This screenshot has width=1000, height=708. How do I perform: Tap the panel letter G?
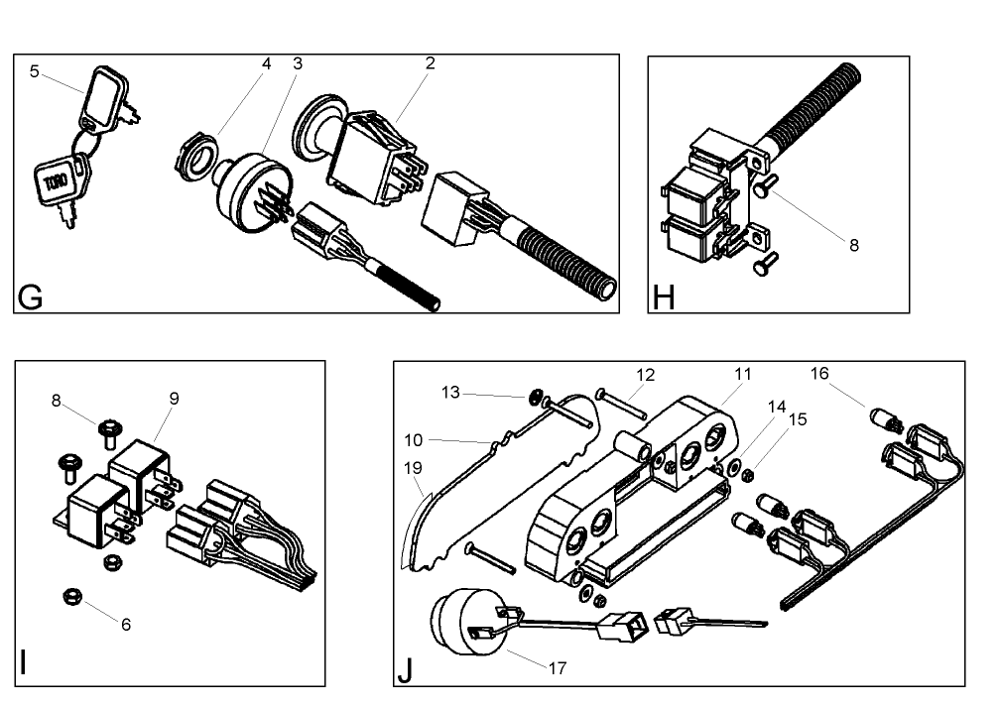click(x=31, y=296)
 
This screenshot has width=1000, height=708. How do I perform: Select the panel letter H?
click(x=664, y=296)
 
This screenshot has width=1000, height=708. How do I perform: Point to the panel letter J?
click(x=405, y=670)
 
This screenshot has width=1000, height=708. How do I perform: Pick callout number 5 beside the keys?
click(x=36, y=71)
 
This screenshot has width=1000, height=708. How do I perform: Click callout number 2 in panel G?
click(x=430, y=63)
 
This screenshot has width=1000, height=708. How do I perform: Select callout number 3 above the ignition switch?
click(x=298, y=63)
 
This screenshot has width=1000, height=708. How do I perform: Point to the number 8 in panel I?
click(x=58, y=401)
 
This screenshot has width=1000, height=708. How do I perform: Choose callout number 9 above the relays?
click(x=175, y=398)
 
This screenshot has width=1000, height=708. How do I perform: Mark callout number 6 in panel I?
click(x=126, y=625)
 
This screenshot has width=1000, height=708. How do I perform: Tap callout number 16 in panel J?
click(x=819, y=373)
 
